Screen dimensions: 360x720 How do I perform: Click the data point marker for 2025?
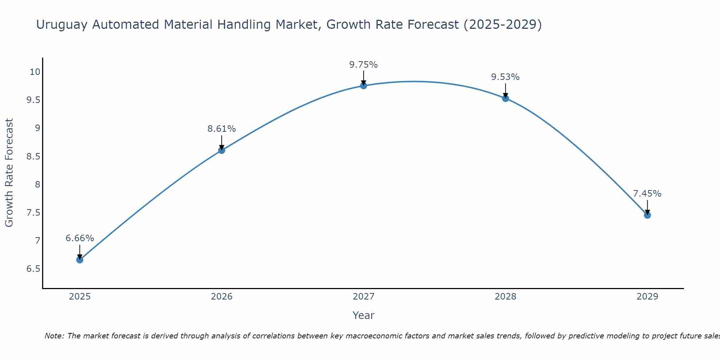click(x=80, y=260)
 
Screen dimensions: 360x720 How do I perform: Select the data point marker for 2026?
click(x=221, y=150)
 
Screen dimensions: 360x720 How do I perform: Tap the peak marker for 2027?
click(x=363, y=85)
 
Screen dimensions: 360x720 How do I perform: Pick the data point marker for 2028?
click(x=505, y=98)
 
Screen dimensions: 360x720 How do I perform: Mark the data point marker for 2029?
click(x=647, y=215)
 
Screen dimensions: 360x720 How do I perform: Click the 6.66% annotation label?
click(x=80, y=238)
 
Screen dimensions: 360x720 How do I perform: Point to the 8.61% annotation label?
click(x=221, y=129)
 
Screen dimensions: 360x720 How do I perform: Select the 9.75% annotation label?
click(x=363, y=65)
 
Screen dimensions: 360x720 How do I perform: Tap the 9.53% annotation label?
click(x=505, y=77)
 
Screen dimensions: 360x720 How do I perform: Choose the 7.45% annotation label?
click(x=647, y=194)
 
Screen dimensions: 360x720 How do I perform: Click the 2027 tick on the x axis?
click(x=363, y=297)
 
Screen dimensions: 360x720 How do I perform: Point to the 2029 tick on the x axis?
click(x=647, y=297)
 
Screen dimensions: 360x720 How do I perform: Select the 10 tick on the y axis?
click(x=35, y=72)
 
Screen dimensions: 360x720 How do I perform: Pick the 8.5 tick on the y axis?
click(x=33, y=157)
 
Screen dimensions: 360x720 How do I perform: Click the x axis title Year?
click(x=363, y=315)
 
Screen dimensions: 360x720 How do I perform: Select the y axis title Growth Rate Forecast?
click(x=9, y=173)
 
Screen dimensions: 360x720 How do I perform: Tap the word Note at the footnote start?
click(x=54, y=336)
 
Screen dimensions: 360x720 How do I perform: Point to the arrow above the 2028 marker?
click(x=505, y=90)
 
